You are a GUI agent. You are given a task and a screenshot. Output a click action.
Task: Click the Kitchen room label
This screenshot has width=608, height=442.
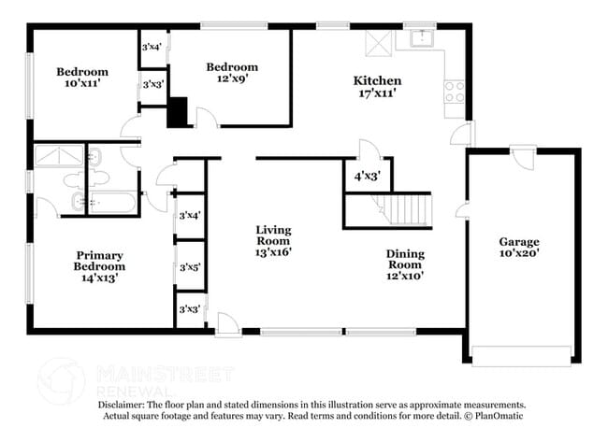(x=377, y=81)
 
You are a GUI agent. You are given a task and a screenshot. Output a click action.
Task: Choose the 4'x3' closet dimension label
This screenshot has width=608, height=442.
(x=367, y=175)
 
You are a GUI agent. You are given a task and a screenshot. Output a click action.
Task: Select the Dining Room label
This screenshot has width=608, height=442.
(x=405, y=260)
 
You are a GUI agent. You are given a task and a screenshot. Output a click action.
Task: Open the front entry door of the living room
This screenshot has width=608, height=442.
(x=227, y=325)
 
